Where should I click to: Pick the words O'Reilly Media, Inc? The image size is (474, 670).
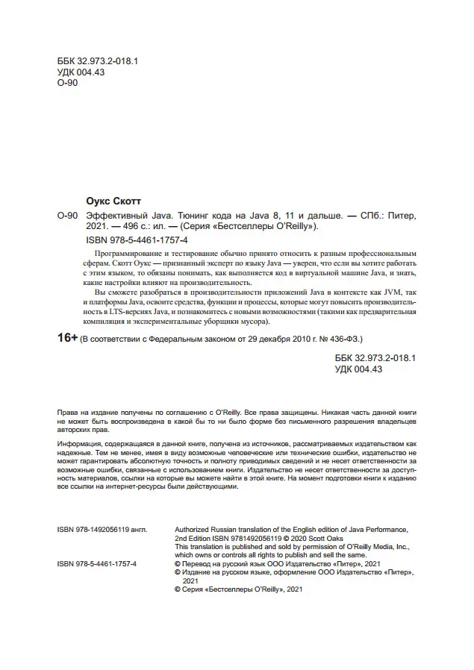[372, 545]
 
